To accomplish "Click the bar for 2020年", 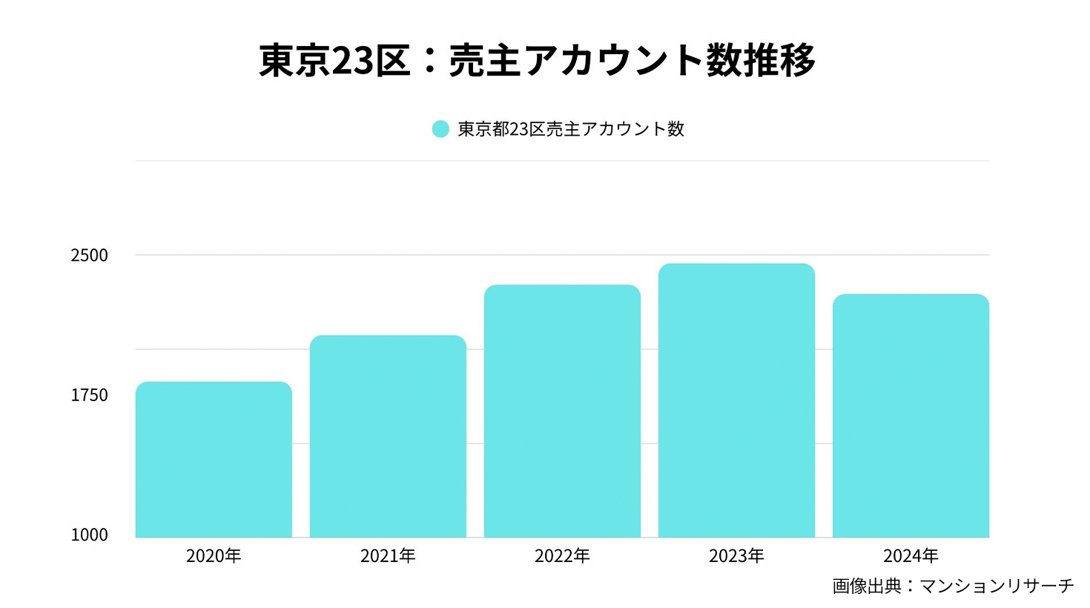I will [214, 460].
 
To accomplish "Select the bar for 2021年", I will [388, 437].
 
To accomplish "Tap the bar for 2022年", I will [562, 412].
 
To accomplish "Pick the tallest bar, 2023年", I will [736, 400].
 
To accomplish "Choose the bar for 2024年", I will [911, 416].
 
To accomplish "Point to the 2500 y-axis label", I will [89, 256].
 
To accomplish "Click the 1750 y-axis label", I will [89, 395].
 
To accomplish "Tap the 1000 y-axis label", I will [89, 535].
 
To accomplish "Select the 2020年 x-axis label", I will [214, 556].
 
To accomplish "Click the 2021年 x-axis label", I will [388, 556].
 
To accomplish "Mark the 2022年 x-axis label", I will [562, 556].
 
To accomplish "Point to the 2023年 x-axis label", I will [736, 556].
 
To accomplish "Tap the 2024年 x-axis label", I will [911, 556].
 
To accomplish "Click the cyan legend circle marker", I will [440, 129].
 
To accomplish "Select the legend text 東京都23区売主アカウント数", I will [571, 129].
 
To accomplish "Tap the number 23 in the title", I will [351, 60].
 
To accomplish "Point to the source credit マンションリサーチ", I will [997, 586].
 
